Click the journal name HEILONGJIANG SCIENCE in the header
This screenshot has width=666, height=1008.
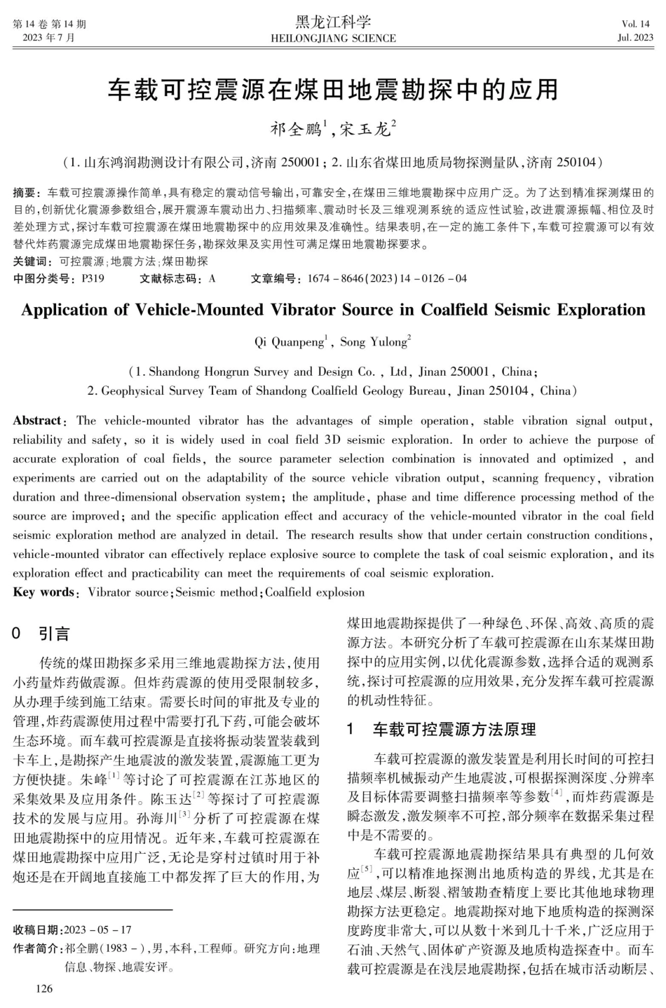(333, 38)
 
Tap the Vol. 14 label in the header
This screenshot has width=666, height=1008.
(635, 24)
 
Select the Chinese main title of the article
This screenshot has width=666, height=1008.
(333, 90)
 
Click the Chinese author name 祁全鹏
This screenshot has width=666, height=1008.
(297, 130)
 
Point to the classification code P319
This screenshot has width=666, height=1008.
(93, 278)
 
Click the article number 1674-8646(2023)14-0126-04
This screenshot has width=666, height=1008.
(387, 278)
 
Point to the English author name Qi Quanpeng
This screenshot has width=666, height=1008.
(289, 342)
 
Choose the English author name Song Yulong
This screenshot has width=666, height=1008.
(374, 342)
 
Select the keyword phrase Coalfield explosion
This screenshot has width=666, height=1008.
(315, 592)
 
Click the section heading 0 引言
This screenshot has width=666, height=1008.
(42, 634)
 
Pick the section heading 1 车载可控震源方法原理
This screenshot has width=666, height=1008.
(442, 730)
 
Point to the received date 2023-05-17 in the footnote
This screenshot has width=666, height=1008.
(97, 930)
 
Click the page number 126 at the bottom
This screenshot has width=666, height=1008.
(43, 989)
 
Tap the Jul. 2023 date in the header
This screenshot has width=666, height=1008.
(634, 38)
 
